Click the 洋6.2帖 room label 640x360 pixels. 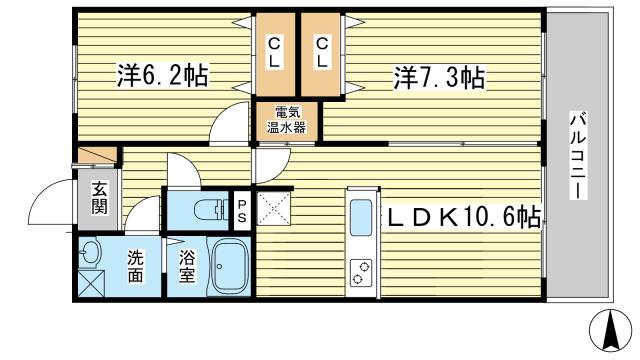pyautogui.click(x=162, y=75)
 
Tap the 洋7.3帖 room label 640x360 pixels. pyautogui.click(x=439, y=78)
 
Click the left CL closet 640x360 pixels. pyautogui.click(x=275, y=54)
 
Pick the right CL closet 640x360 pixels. pyautogui.click(x=321, y=54)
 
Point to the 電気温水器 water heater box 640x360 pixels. pyautogui.click(x=287, y=121)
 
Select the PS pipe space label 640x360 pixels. pyautogui.click(x=242, y=211)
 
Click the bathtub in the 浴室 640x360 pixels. pyautogui.click(x=231, y=267)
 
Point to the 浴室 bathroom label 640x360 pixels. pyautogui.click(x=187, y=266)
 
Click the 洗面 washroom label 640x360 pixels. pyautogui.click(x=135, y=266)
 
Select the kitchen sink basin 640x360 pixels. pyautogui.click(x=361, y=218)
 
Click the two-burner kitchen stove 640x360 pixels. pyautogui.click(x=361, y=273)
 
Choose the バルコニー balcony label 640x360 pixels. pyautogui.click(x=578, y=157)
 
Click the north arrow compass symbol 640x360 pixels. pyautogui.click(x=611, y=331)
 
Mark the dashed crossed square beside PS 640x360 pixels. pyautogui.click(x=273, y=209)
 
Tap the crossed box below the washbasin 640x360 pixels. pyautogui.click(x=91, y=283)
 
